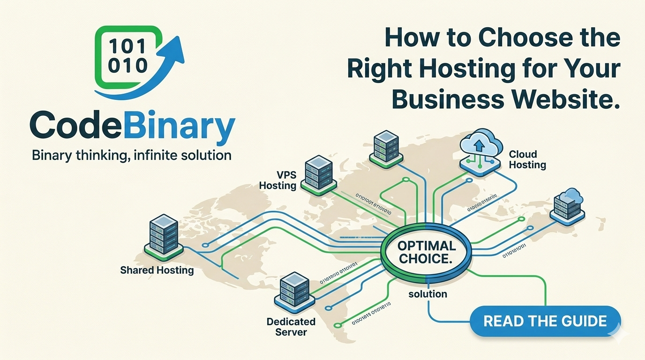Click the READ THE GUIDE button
[x=545, y=321]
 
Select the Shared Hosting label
[x=157, y=270]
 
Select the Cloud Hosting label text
[x=527, y=159]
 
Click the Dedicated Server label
[x=291, y=327]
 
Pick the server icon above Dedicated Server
[x=294, y=293]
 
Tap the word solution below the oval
[x=427, y=294]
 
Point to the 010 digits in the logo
[x=127, y=66]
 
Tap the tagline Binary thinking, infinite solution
[x=131, y=155]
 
